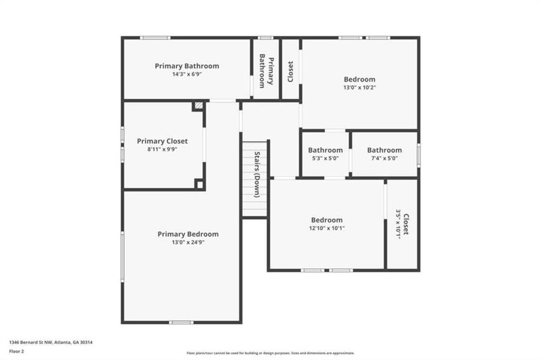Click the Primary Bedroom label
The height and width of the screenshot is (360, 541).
coord(188,234)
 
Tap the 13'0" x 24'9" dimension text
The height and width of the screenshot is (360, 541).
coord(188,242)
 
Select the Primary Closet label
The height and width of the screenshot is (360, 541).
coord(162,141)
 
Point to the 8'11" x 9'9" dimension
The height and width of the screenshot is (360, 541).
coord(162,149)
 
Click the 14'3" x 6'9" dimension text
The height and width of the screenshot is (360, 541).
coord(187,74)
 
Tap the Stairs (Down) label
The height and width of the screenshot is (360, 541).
coord(256,174)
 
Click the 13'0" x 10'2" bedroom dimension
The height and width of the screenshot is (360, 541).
coord(360,88)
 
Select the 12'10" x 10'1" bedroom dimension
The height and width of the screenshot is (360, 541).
coord(327,228)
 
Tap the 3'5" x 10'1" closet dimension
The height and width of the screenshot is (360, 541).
coord(397,224)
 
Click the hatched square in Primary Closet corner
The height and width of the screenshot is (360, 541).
coord(198,106)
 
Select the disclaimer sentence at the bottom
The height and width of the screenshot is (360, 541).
coord(270,353)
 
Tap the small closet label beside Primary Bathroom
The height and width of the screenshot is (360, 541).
coord(291,71)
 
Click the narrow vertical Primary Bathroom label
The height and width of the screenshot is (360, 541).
coord(266,71)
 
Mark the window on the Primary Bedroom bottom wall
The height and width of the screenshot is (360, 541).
coord(181,322)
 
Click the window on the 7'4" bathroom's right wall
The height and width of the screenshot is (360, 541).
coord(419,154)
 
